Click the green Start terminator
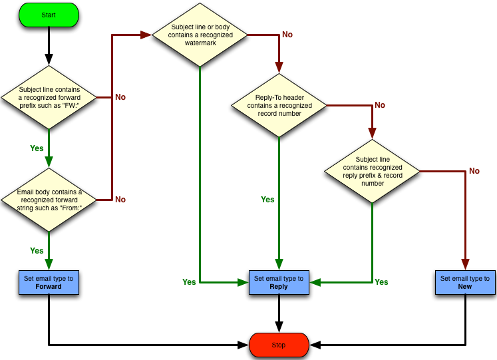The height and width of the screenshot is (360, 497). (49, 15)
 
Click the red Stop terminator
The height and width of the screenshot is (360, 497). (279, 345)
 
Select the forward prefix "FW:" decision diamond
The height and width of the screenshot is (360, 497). (49, 97)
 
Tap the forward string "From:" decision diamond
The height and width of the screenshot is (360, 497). (49, 200)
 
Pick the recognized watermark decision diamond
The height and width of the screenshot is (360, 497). (200, 35)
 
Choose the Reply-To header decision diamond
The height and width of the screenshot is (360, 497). (279, 105)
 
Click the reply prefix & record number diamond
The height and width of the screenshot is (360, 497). (372, 171)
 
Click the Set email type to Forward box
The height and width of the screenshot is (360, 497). (49, 282)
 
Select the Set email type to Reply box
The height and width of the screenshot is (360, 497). (279, 282)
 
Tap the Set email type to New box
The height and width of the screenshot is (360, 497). (465, 282)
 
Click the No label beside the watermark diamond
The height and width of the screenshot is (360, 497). (287, 35)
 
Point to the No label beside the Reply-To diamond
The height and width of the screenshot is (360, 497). (380, 105)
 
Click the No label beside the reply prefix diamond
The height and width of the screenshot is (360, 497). (474, 171)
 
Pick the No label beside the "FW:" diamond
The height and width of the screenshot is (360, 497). (120, 97)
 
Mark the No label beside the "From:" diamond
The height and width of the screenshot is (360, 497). (120, 200)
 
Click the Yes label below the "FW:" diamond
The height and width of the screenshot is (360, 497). (37, 148)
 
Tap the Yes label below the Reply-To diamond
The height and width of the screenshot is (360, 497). (267, 200)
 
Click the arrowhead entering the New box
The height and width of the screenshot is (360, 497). (465, 264)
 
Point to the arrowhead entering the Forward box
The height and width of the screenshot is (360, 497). (49, 264)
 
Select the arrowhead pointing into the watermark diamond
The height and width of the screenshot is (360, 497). (146, 35)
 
